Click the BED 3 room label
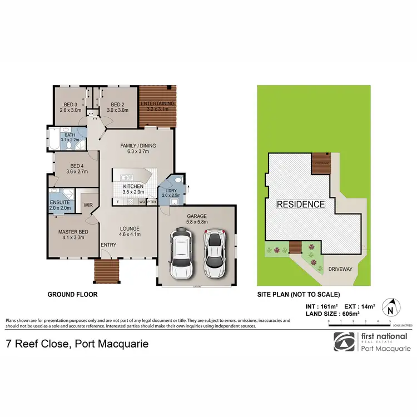(x=71, y=105)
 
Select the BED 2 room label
(x=117, y=105)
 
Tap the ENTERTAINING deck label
(x=157, y=103)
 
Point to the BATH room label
(x=69, y=135)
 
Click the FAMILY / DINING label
(x=138, y=146)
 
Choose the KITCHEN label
(x=133, y=186)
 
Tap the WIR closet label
(x=87, y=205)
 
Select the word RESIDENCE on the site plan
(x=301, y=204)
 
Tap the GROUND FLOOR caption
(x=72, y=295)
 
